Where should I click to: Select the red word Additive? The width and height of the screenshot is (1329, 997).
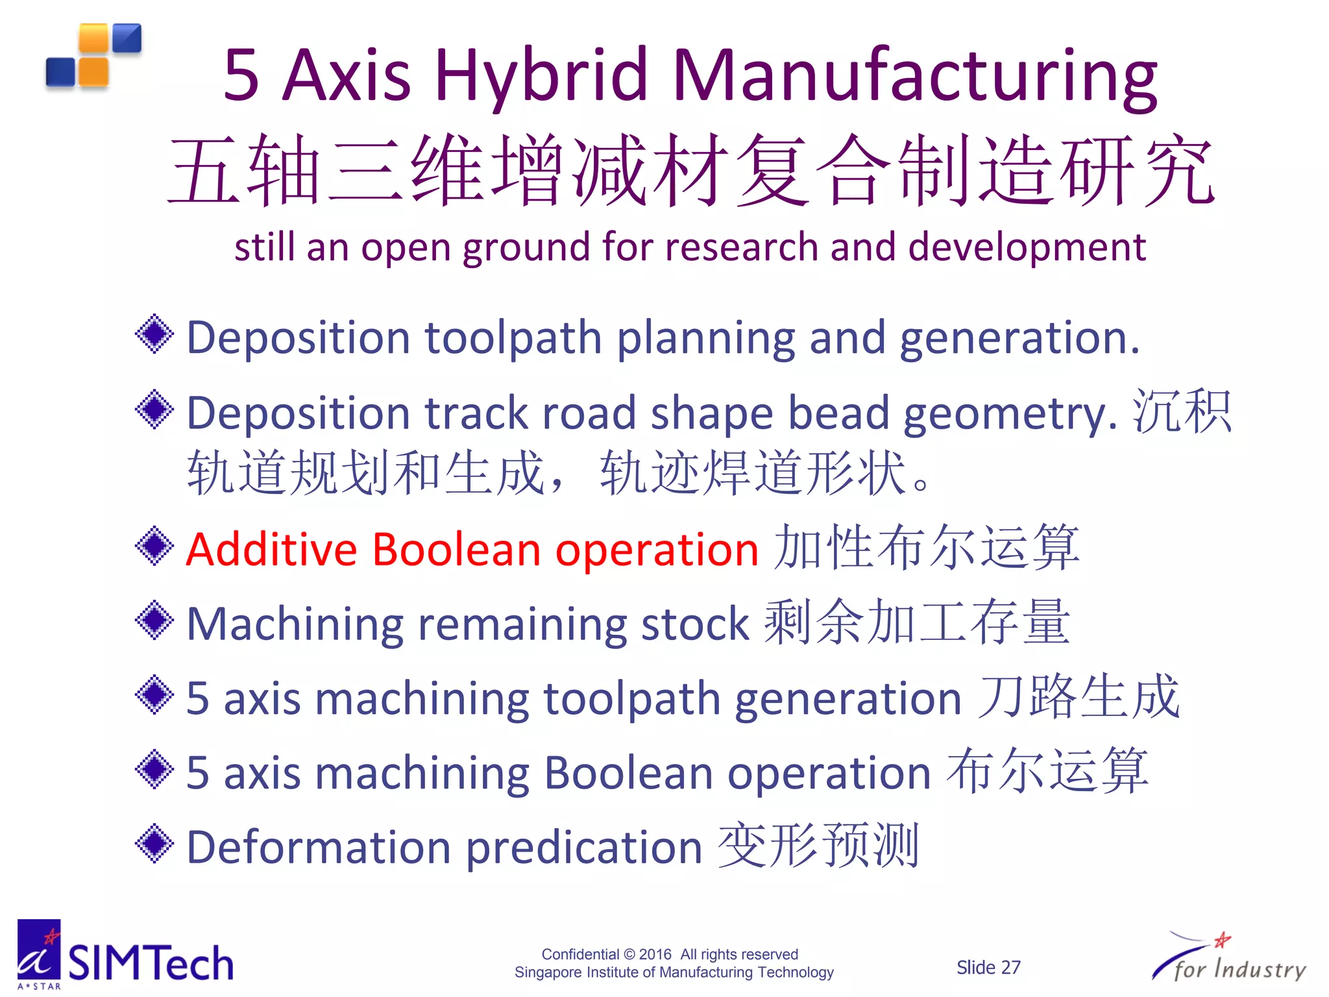click(271, 550)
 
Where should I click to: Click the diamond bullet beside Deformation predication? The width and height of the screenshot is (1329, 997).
click(154, 844)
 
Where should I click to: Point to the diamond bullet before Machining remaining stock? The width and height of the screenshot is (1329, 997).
click(154, 620)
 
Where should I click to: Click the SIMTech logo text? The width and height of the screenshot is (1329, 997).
click(151, 963)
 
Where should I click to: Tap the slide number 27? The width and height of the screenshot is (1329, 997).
click(1008, 968)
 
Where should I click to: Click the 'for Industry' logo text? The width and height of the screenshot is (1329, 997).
click(1239, 969)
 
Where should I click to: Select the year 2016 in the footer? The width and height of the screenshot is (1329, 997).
click(655, 954)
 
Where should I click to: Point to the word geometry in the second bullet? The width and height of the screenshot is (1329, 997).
click(1009, 413)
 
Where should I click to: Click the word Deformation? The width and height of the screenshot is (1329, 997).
click(319, 848)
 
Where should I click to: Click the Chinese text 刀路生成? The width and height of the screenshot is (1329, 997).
click(1079, 696)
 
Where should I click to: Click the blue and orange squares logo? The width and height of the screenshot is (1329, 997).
click(94, 56)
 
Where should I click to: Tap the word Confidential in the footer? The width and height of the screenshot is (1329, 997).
click(580, 954)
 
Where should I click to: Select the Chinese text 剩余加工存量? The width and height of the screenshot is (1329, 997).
click(916, 622)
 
